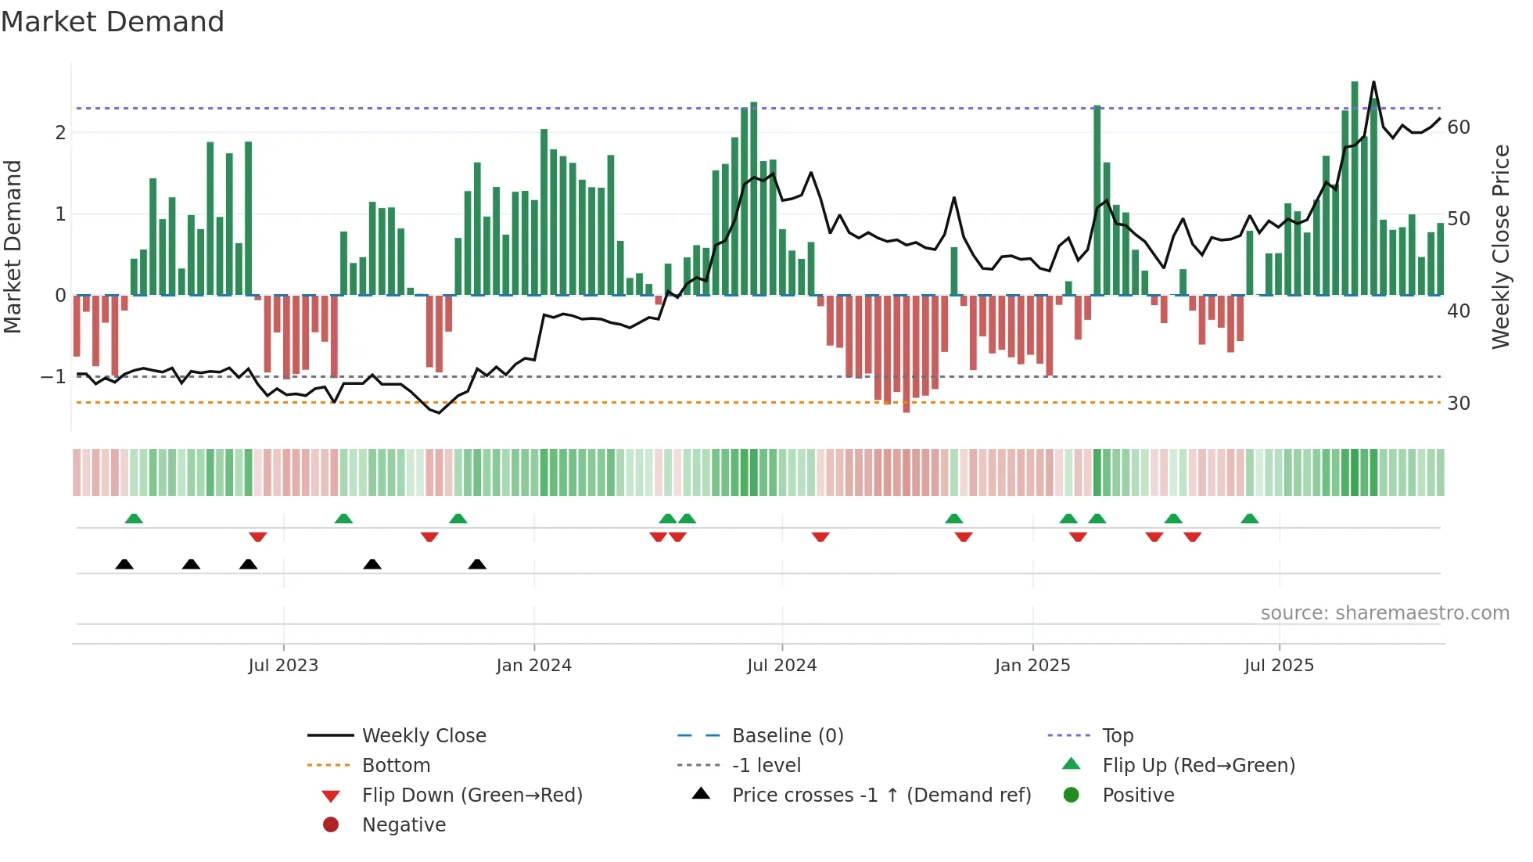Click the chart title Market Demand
tap(113, 22)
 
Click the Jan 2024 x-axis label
tap(533, 666)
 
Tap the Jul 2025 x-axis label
tap(1279, 666)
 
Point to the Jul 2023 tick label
tap(283, 666)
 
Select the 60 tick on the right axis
tap(1458, 128)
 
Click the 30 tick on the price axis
tap(1458, 404)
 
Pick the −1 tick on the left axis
tap(53, 377)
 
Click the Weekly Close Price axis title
tap(1500, 246)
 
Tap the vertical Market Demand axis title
tap(13, 246)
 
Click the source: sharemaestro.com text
tap(1384, 613)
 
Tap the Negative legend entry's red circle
tap(331, 825)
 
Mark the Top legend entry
tap(1118, 736)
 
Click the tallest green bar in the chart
tap(1355, 188)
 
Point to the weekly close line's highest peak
tap(1373, 82)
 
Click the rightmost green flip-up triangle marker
tap(1250, 519)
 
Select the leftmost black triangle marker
tap(124, 564)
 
